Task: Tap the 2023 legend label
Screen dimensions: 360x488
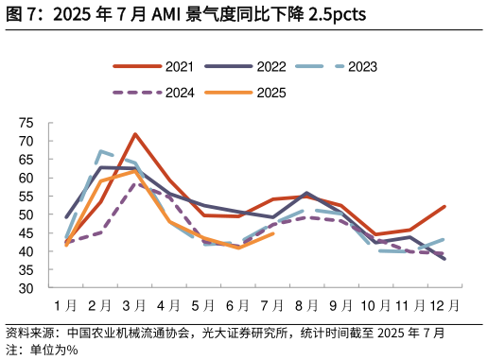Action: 362,67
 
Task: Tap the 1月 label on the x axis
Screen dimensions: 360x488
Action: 65,305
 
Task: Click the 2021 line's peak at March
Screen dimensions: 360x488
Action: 135,134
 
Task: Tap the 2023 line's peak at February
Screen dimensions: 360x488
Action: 100,151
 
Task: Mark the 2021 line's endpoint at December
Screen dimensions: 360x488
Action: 444,206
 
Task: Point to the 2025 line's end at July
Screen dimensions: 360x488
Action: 272,233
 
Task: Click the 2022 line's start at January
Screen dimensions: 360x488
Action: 66,217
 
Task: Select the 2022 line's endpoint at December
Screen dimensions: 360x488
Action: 444,259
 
